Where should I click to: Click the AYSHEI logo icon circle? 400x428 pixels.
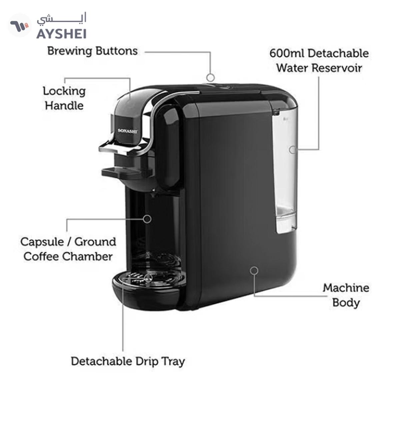pos(19,25)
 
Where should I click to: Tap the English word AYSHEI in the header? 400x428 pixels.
pos(61,34)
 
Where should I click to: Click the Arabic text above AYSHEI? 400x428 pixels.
pos(62,19)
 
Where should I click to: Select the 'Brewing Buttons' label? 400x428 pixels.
pos(92,51)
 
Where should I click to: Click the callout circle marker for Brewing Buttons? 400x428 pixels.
pos(210,77)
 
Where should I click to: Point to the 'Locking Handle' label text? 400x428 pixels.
pos(64,98)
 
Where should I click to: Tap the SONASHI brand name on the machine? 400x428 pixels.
pos(128,131)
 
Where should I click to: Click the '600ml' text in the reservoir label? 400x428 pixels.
pos(286,53)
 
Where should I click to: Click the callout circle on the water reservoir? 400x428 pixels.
pos(292,150)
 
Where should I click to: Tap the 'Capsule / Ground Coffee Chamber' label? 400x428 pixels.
pos(68,249)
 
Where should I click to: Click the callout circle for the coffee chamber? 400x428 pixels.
pos(147,219)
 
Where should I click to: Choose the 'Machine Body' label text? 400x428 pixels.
pos(346,295)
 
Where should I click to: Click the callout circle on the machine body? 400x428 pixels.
pos(254,270)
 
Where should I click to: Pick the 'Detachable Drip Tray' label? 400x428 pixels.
pos(128,361)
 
